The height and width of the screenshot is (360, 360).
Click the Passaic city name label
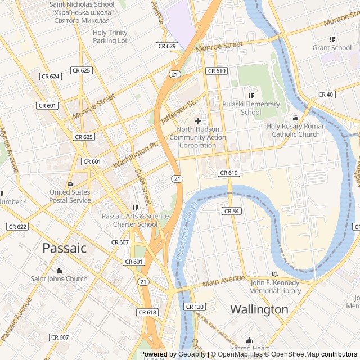click(65, 247)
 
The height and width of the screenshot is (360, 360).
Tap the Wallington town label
click(259, 309)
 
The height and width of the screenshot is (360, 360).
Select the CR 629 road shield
click(167, 46)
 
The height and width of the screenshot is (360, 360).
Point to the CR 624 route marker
click(51, 76)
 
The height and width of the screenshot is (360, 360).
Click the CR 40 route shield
click(325, 94)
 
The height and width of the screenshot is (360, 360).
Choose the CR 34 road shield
click(231, 211)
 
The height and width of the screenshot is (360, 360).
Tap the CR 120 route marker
click(195, 307)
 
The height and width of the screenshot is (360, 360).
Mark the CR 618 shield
click(147, 312)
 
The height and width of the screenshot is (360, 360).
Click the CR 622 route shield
click(17, 227)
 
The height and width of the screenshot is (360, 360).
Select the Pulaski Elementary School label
click(251, 108)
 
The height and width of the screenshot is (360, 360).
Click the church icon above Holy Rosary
click(296, 118)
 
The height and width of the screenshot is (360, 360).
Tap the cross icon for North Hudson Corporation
click(197, 120)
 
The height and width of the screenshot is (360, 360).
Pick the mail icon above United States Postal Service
click(70, 184)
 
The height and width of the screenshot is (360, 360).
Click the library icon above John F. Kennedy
click(275, 274)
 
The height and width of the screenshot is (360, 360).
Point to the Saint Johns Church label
click(59, 278)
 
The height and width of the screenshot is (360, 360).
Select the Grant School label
click(332, 48)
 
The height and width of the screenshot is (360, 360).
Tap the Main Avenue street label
click(224, 281)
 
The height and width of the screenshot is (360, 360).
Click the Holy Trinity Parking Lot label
click(110, 37)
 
